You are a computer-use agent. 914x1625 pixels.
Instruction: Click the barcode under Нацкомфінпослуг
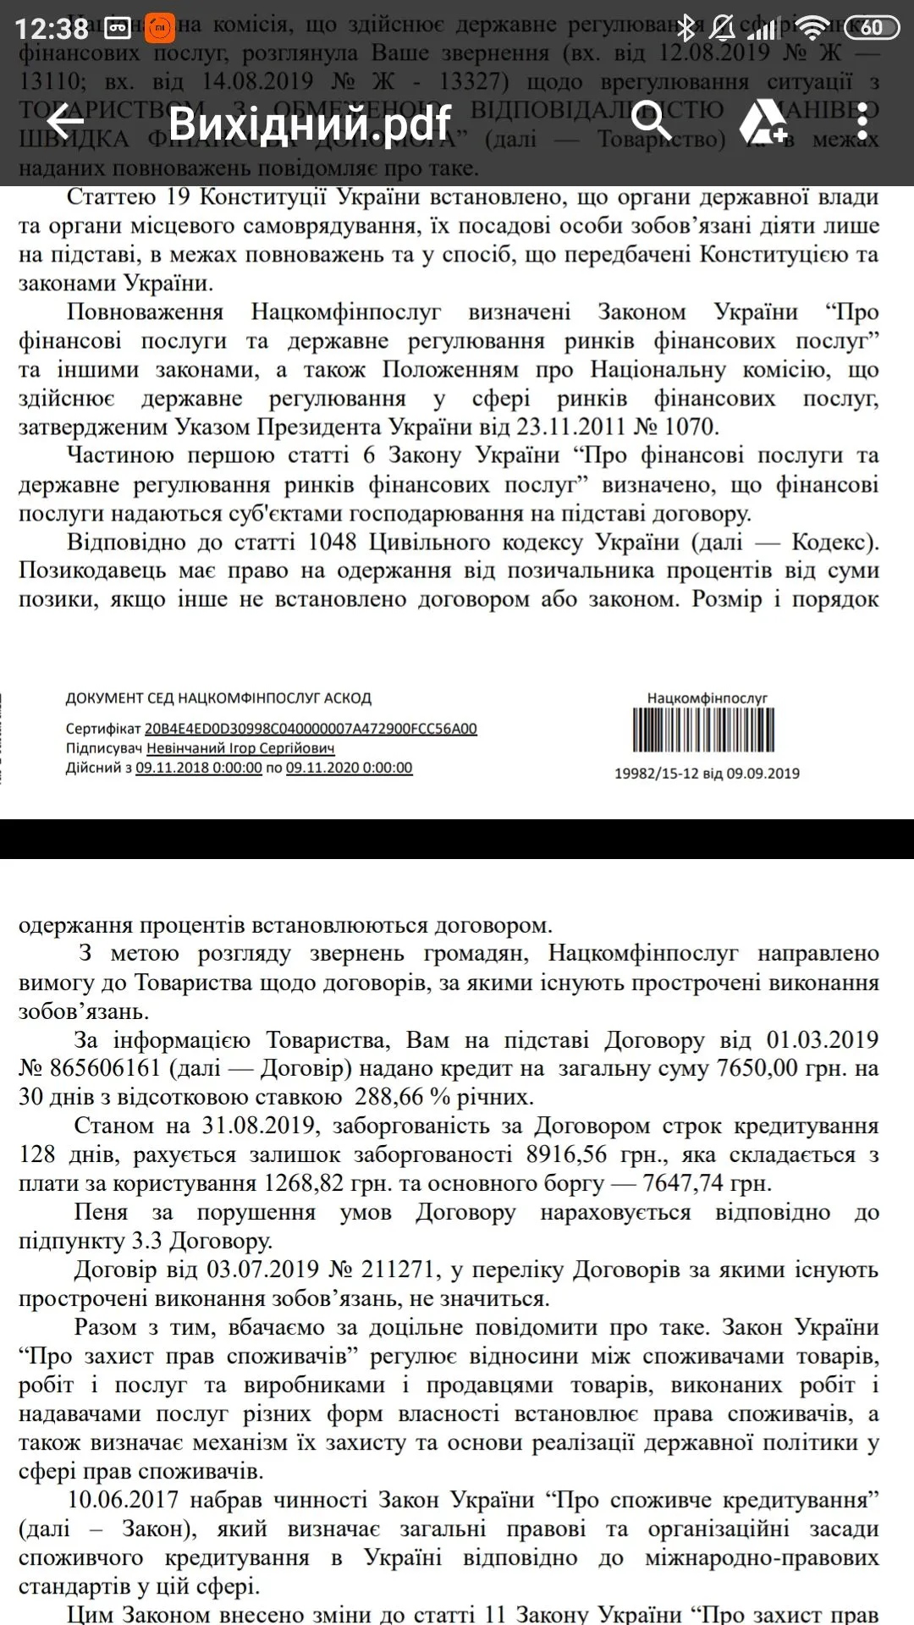tap(703, 730)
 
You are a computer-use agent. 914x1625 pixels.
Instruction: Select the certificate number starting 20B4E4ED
tap(311, 729)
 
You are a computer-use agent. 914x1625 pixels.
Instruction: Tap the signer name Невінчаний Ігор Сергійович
tap(240, 748)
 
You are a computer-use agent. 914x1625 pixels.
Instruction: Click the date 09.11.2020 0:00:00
tap(349, 768)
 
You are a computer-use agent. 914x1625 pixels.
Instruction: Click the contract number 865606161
tap(105, 1068)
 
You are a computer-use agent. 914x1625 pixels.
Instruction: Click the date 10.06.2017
tap(124, 1500)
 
